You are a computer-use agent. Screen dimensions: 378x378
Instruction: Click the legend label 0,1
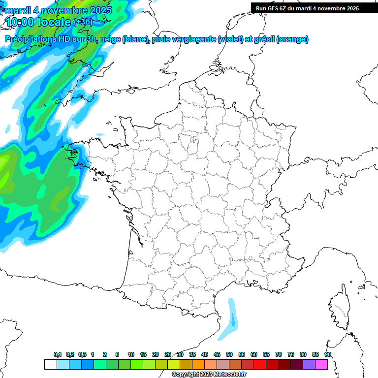58,354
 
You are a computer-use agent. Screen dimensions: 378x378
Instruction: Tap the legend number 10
131,354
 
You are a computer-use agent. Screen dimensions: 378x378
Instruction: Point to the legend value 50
229,354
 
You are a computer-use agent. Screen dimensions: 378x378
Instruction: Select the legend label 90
328,354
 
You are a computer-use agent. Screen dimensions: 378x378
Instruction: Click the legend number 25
168,354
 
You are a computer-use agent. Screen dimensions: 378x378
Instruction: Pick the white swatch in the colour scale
50,364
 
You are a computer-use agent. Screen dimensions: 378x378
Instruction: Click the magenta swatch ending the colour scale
321,364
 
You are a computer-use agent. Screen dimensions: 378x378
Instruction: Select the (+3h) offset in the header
83,22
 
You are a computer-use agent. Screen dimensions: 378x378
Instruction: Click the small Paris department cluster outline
194,140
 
